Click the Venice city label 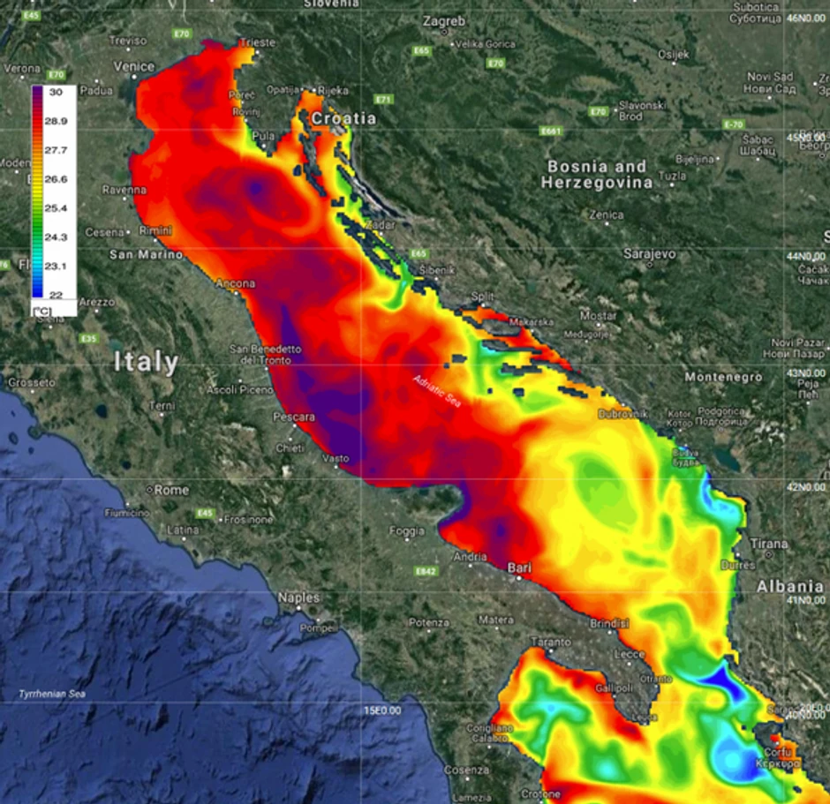tap(134, 66)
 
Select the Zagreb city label tap(444, 21)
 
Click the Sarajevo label tap(649, 253)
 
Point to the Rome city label tap(171, 490)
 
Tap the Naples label tap(298, 597)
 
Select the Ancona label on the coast tap(236, 283)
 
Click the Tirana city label tap(768, 544)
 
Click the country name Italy tap(146, 362)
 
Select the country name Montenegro tap(723, 377)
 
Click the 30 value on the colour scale tap(56, 91)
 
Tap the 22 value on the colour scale tap(56, 294)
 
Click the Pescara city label tap(294, 417)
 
